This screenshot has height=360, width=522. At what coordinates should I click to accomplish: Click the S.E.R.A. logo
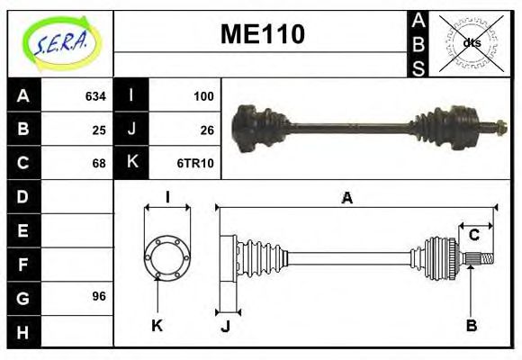(60, 40)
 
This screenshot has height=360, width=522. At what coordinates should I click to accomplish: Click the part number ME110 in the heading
(263, 35)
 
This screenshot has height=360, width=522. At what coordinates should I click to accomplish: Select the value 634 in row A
(95, 95)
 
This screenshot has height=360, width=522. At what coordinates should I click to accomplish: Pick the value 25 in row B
(99, 130)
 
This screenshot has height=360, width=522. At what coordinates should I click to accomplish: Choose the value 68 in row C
(99, 163)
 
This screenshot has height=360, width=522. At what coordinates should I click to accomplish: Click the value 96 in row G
(99, 296)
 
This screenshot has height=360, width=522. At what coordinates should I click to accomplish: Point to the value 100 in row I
(203, 95)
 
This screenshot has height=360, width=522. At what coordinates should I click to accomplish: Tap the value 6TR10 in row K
(199, 163)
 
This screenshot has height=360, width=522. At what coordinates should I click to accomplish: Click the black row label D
(22, 196)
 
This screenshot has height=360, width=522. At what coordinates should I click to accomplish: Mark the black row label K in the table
(131, 163)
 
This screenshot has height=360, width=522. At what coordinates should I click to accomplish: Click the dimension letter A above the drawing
(346, 197)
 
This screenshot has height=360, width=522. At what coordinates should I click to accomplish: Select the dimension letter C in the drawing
(473, 236)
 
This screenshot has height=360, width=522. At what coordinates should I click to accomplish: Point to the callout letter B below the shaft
(470, 325)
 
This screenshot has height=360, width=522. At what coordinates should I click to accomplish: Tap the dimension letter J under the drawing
(225, 325)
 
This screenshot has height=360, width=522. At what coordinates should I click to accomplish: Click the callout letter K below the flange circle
(157, 325)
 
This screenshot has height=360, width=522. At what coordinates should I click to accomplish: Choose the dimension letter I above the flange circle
(166, 197)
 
